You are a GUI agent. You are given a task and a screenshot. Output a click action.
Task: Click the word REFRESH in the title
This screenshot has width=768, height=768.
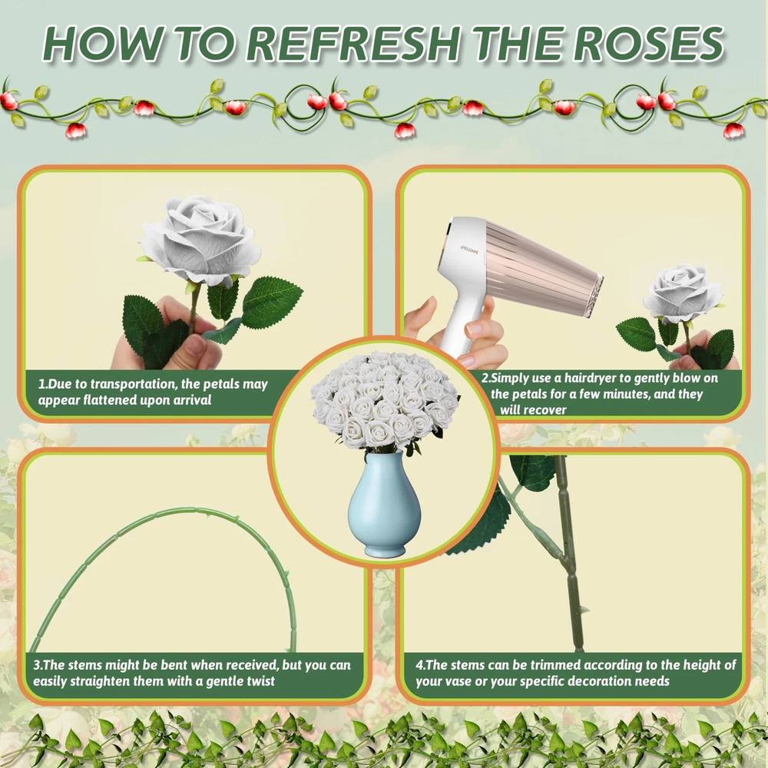(353, 43)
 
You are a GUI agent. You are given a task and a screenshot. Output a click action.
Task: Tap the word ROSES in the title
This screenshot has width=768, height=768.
(648, 43)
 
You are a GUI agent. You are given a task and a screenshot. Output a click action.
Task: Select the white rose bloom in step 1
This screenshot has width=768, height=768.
(200, 240)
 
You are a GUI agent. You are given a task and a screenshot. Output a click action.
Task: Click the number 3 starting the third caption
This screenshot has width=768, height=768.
(37, 665)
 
